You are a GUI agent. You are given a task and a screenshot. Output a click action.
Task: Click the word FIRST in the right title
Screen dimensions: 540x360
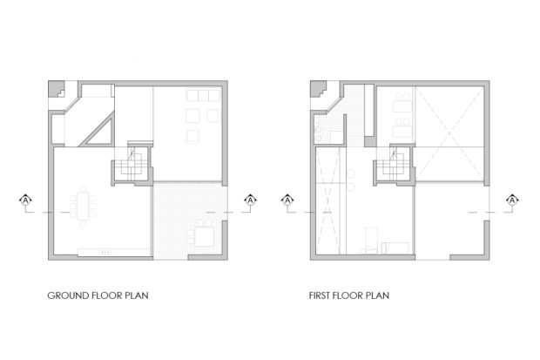(319, 295)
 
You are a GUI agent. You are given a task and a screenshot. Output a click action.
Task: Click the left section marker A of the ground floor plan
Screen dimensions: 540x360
(25, 200)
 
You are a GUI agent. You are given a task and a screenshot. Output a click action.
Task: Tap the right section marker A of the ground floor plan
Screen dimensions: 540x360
(250, 200)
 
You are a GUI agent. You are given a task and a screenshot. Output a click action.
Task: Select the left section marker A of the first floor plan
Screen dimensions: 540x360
(287, 200)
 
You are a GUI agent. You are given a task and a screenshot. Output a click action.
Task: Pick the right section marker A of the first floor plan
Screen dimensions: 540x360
(512, 200)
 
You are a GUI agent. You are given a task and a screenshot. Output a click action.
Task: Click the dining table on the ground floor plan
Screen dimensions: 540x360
(83, 206)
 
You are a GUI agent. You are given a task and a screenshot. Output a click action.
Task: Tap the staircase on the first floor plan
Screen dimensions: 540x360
(393, 165)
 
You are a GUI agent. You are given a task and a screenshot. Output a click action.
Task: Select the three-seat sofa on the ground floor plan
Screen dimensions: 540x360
(203, 95)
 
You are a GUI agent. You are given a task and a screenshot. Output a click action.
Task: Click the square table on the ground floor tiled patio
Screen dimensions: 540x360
(205, 236)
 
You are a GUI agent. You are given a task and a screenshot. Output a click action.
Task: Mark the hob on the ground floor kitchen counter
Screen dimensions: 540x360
(105, 253)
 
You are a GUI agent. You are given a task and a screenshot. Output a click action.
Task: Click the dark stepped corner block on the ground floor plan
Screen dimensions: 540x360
(56, 89)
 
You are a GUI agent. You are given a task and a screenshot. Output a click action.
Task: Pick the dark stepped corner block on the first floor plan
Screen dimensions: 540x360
(318, 89)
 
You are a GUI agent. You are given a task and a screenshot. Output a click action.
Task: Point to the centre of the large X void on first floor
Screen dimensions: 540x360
(449, 133)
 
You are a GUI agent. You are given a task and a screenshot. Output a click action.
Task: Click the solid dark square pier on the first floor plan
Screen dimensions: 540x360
(370, 141)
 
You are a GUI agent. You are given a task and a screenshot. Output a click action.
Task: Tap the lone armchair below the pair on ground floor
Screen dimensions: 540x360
(192, 136)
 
